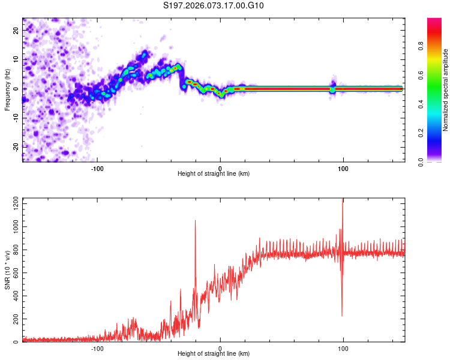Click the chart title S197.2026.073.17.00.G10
[x=214, y=6]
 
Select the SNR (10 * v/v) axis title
[x=7, y=270]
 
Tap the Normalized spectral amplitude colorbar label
[x=446, y=90]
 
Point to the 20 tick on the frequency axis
[x=16, y=31]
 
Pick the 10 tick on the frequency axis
[x=16, y=60]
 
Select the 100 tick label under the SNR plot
[x=343, y=348]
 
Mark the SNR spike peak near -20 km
[x=195, y=221]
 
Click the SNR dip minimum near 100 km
[x=342, y=316]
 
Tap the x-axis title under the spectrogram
[x=214, y=174]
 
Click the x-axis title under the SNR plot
[x=214, y=355]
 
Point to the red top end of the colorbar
[x=434, y=21]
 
